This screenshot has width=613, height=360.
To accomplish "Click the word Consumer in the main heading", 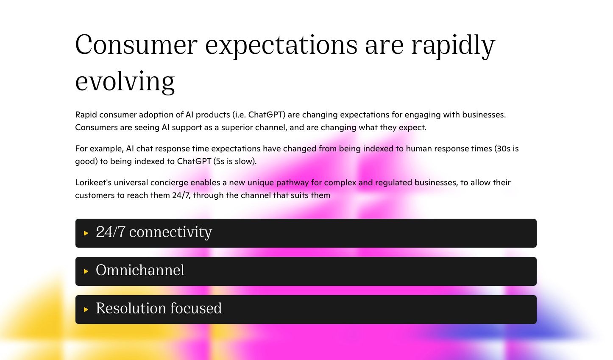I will [x=136, y=45].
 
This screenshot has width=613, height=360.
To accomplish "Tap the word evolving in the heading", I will [x=125, y=81].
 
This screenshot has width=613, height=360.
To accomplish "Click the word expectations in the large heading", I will [x=281, y=45].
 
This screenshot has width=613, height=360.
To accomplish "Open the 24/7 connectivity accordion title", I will [x=153, y=232].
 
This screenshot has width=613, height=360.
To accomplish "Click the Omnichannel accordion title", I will [x=140, y=271].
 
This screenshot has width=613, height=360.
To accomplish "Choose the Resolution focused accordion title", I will [x=159, y=309].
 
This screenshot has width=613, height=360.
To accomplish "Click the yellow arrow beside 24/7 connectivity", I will [x=86, y=233].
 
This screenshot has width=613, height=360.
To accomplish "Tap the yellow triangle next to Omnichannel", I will [x=86, y=271].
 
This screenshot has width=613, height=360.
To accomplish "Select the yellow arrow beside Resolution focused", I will [x=86, y=310].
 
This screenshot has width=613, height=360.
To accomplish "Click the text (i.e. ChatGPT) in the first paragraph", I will [x=259, y=115].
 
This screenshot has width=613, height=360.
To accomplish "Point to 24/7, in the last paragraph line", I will [x=181, y=195].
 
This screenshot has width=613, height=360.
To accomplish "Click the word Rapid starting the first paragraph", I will [x=86, y=115].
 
